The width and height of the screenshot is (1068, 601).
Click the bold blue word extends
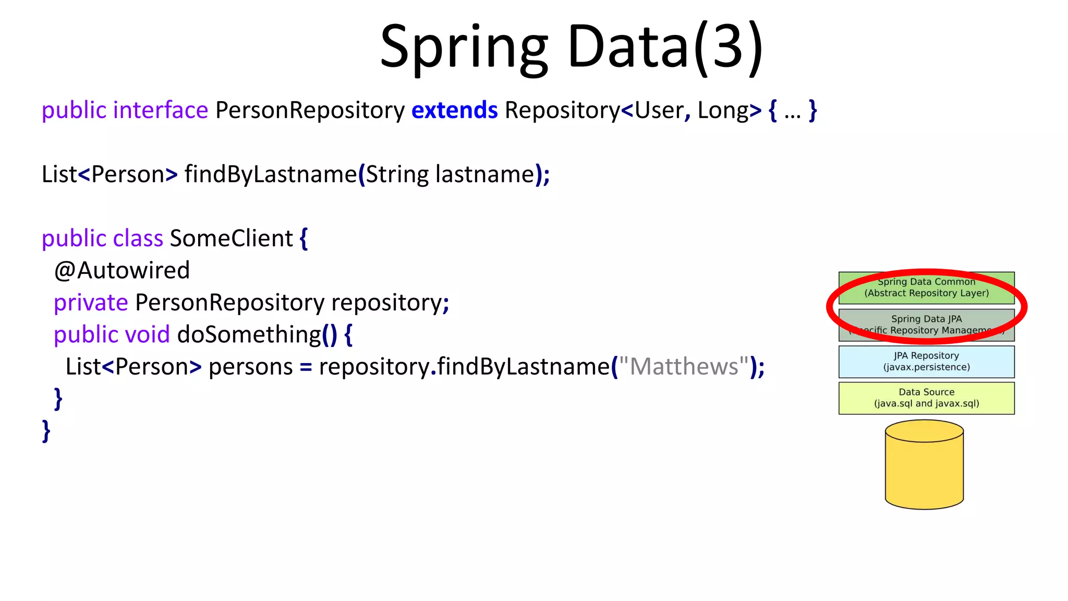tap(454, 111)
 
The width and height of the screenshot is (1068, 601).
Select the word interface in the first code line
tap(161, 111)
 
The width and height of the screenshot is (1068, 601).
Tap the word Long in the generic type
tap(723, 111)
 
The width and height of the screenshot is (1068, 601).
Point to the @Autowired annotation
tap(122, 270)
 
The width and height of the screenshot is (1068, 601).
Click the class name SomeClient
tap(231, 238)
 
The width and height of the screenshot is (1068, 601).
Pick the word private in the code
tap(91, 303)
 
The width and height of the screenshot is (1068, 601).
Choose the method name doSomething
tap(249, 334)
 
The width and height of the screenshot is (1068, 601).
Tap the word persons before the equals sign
tap(250, 367)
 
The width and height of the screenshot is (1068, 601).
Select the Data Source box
tap(926, 398)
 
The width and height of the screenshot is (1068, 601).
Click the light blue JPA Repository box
tap(926, 362)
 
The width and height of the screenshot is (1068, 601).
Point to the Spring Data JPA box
tap(926, 324)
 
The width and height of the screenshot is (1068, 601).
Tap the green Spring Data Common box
tap(926, 287)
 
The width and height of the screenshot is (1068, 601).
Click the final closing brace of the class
tap(46, 431)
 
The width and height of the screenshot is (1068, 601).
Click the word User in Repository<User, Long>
tap(659, 111)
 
